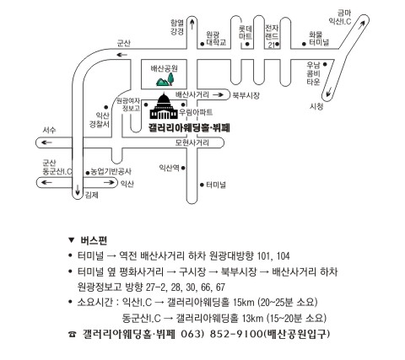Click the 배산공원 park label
tap(165, 68)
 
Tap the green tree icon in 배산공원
tap(170, 78)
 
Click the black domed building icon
tap(164, 106)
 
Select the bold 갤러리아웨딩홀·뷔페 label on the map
tap(190, 128)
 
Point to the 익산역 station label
tap(169, 168)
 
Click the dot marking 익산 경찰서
tap(106, 107)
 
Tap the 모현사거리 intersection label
tap(192, 142)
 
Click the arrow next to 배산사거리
tap(219, 95)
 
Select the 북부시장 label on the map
tap(246, 95)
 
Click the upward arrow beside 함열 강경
tap(192, 24)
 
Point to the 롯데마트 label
tap(246, 33)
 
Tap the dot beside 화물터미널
tap(304, 44)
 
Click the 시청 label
tap(316, 106)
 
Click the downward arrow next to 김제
tap(78, 190)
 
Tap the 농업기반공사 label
tap(111, 172)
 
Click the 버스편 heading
tap(94, 240)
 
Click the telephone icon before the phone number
tap(73, 335)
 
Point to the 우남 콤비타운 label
tap(313, 73)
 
